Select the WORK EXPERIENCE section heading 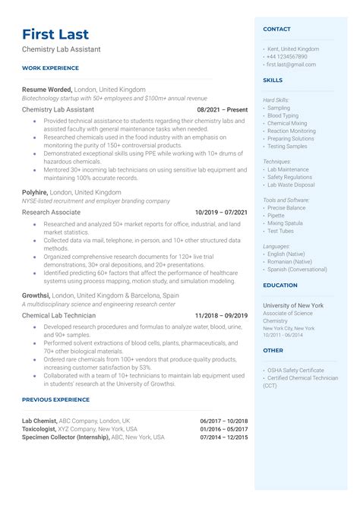click(51, 68)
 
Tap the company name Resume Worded click(47, 90)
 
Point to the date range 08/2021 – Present click(223, 109)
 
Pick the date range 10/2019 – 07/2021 click(221, 213)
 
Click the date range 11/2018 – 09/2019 click(221, 315)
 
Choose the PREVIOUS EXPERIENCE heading click(56, 398)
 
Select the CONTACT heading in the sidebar click(276, 29)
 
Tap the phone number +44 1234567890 click(287, 56)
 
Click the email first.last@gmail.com click(291, 65)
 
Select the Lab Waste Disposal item click(291, 185)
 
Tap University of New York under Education click(293, 304)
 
